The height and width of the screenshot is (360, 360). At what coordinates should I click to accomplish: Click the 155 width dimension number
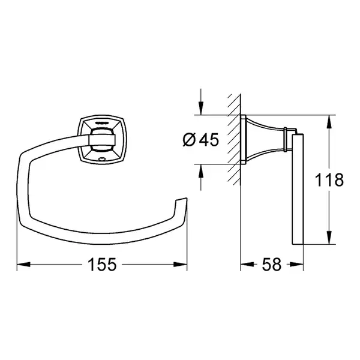(102, 265)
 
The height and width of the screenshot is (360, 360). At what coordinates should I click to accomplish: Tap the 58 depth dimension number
(272, 265)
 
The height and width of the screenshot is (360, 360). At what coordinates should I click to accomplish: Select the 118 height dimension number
(329, 180)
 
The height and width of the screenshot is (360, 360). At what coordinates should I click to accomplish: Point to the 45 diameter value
(209, 140)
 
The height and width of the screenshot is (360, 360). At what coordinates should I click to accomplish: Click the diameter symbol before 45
(189, 140)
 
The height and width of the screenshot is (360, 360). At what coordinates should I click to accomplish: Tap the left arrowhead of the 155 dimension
(23, 265)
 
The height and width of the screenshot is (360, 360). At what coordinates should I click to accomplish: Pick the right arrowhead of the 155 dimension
(181, 265)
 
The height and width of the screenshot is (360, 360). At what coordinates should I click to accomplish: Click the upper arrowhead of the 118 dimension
(329, 121)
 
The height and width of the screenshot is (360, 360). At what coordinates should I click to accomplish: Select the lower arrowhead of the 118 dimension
(329, 238)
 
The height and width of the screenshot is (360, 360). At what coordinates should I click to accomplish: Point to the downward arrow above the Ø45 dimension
(201, 102)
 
